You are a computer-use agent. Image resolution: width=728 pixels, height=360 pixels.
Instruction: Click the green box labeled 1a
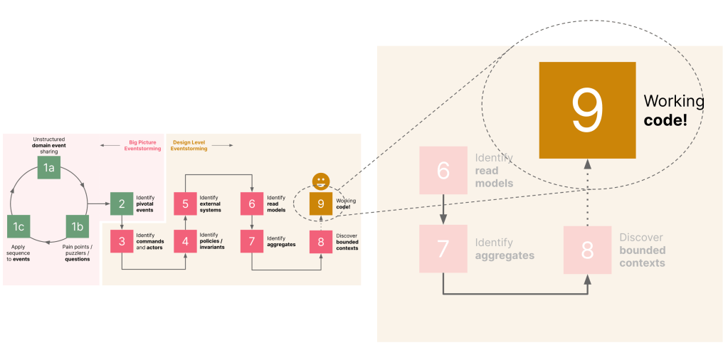[48, 167]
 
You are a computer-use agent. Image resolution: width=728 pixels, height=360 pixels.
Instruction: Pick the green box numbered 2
[122, 203]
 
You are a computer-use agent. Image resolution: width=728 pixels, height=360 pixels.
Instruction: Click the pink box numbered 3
[122, 241]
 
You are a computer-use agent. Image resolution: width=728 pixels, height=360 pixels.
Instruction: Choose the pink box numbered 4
[185, 241]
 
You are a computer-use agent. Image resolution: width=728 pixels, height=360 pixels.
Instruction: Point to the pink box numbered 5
[185, 203]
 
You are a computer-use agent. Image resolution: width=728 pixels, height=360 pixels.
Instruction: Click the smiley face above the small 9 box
[321, 181]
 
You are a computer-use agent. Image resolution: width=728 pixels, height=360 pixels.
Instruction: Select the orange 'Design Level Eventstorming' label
[189, 145]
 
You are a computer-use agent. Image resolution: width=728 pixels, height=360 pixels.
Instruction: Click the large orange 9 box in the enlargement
[587, 110]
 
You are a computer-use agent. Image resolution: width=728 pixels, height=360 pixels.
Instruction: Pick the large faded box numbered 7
[443, 248]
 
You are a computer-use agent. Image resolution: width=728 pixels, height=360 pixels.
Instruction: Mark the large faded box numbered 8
[587, 250]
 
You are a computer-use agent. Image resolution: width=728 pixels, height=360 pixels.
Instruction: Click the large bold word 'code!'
[665, 120]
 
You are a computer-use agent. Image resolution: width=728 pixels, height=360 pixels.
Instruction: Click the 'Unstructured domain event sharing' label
[48, 145]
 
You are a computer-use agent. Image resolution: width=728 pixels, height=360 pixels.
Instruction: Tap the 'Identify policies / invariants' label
[211, 241]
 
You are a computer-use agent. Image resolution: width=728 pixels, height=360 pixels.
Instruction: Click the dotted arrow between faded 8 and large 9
[587, 192]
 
